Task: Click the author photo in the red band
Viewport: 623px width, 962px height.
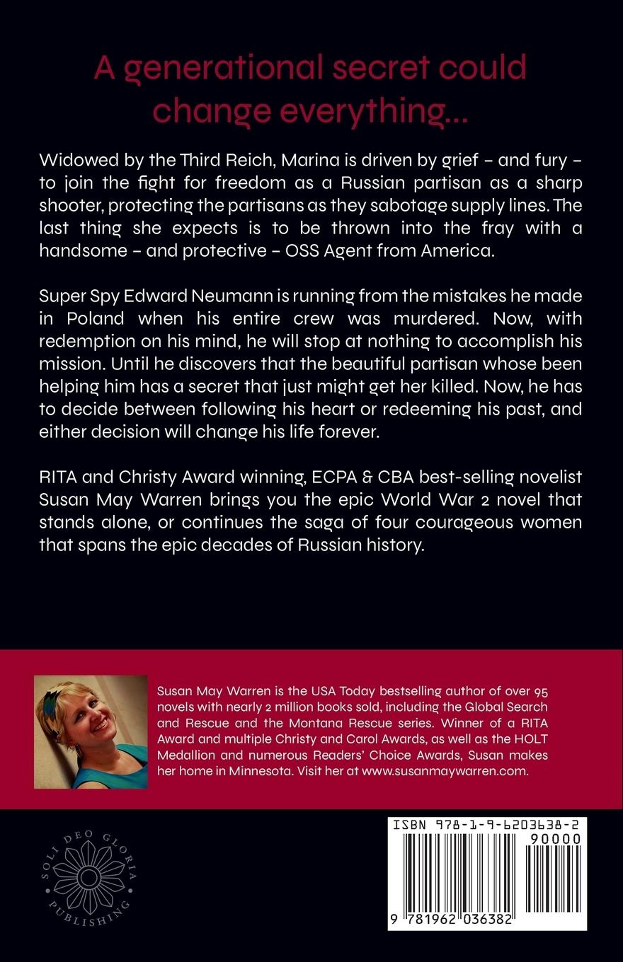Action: (x=91, y=732)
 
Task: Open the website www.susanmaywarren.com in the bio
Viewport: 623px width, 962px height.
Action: (x=445, y=771)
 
